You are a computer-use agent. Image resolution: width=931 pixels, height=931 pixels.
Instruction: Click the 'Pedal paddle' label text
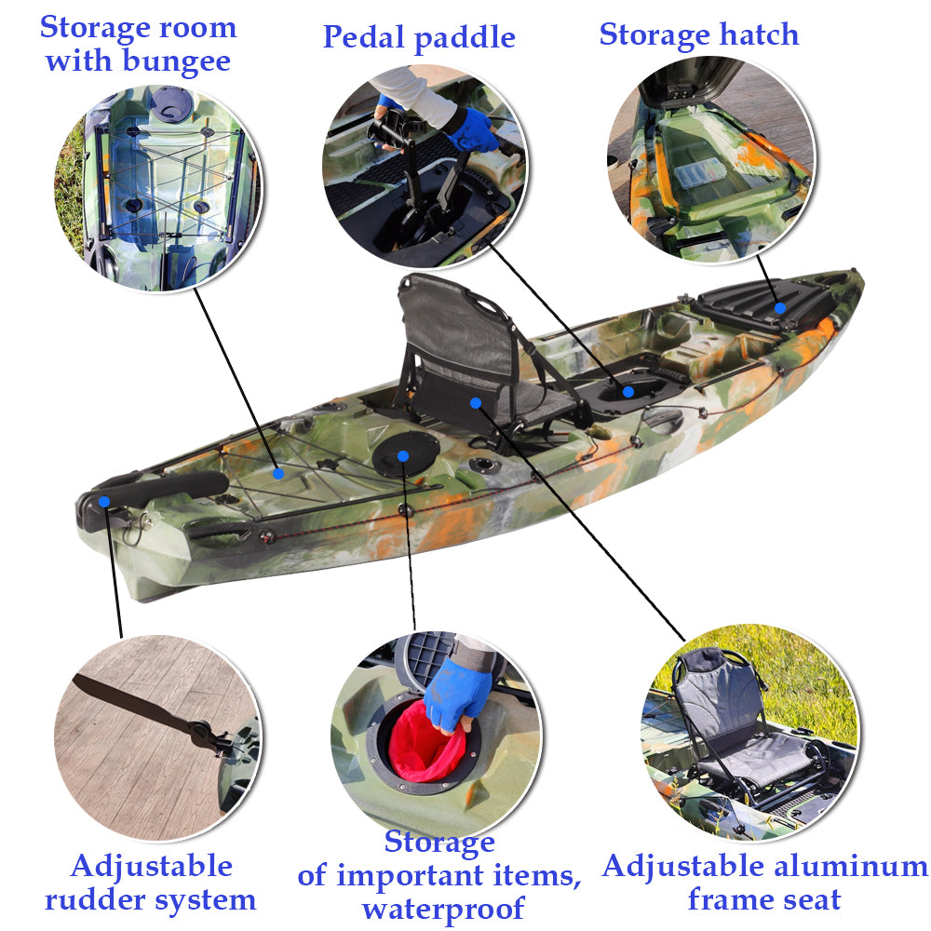click(418, 37)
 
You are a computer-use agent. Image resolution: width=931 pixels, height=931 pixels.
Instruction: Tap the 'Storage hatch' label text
click(698, 34)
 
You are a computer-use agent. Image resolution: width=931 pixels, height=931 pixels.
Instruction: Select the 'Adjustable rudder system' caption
click(151, 883)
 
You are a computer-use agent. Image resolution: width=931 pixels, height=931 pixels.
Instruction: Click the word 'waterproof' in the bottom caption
click(443, 907)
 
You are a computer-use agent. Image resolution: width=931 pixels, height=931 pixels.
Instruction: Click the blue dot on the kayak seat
click(476, 403)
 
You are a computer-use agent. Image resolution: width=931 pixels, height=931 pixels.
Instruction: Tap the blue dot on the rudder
click(104, 502)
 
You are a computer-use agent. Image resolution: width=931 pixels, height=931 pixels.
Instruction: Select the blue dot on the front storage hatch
click(780, 307)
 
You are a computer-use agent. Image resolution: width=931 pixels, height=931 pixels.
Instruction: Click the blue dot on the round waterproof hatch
click(402, 455)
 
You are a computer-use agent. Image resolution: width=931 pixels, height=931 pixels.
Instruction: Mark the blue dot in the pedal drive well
click(628, 392)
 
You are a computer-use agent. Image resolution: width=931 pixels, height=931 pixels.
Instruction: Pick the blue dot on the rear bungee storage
click(277, 474)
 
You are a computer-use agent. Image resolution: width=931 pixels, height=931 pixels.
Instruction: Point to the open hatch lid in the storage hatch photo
click(689, 84)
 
